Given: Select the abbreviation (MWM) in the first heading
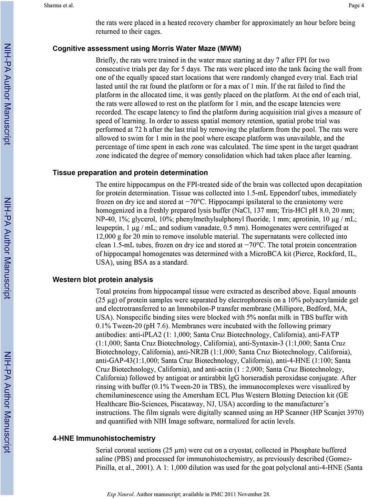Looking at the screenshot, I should (x=229, y=49).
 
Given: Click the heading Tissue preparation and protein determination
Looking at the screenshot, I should (x=130, y=173).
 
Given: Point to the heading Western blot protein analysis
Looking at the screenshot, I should (x=103, y=280).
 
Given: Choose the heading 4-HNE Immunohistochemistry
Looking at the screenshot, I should (x=104, y=438).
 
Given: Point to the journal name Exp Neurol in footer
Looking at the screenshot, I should (x=120, y=494).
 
